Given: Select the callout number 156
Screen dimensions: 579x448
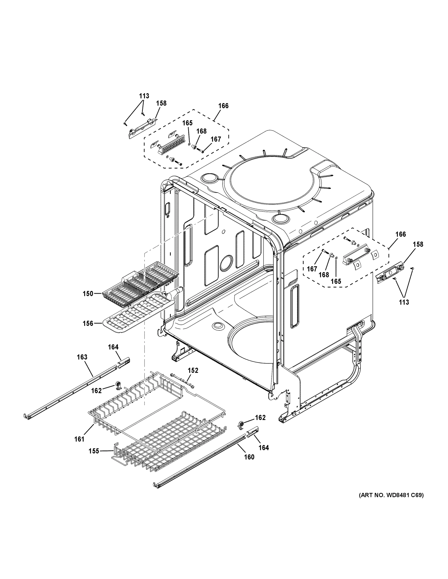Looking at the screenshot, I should pyautogui.click(x=88, y=324).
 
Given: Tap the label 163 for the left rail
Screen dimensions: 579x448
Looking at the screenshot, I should pyautogui.click(x=82, y=357).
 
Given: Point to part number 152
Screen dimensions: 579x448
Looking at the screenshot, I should pyautogui.click(x=193, y=370).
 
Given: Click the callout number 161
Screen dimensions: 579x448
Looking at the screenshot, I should pyautogui.click(x=79, y=439).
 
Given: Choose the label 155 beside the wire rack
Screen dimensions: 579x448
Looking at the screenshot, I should pyautogui.click(x=94, y=451).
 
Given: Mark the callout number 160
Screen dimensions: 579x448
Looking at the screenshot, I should pyautogui.click(x=249, y=457).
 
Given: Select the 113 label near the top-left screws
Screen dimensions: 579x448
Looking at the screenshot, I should pyautogui.click(x=144, y=96).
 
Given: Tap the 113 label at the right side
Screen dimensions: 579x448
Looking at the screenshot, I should pyautogui.click(x=404, y=302).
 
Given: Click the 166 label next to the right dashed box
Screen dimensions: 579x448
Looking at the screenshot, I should pyautogui.click(x=400, y=234).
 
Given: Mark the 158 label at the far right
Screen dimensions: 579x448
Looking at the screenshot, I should pyautogui.click(x=418, y=244).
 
